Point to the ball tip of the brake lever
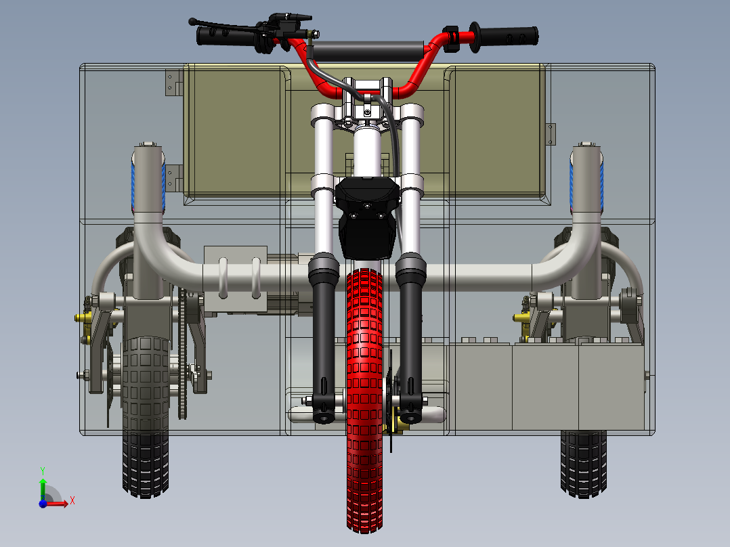(192, 22)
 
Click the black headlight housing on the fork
(368, 217)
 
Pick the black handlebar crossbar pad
(368, 51)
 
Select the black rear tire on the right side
(584, 464)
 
